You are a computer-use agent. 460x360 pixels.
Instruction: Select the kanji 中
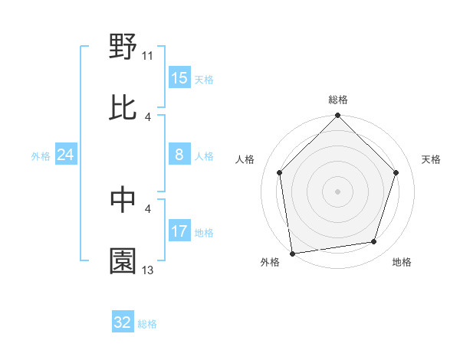[x=123, y=199]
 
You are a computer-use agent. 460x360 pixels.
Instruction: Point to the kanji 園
[x=123, y=260]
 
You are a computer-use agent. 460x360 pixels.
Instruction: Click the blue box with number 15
[x=179, y=78]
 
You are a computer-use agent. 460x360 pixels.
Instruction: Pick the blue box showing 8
[x=179, y=155]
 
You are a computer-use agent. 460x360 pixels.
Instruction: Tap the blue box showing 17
[x=179, y=231]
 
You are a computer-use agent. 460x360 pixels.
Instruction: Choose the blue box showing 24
[x=65, y=155]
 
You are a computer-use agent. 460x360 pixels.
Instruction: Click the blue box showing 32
[x=122, y=322]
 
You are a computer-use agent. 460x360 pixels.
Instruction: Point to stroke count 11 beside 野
[x=148, y=55]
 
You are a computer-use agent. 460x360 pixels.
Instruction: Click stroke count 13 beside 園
[x=148, y=270]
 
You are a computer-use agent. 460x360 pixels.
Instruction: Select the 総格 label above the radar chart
[x=338, y=100]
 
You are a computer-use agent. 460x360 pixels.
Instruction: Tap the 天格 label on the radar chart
[x=432, y=159]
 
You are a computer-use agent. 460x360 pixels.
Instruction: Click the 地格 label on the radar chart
[x=402, y=262]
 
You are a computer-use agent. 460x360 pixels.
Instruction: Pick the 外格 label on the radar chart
[x=270, y=262]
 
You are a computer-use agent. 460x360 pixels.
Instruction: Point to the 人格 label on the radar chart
[x=246, y=159]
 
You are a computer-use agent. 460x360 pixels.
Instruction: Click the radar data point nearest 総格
[x=338, y=116]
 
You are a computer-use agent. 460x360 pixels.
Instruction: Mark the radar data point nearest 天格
[x=396, y=172]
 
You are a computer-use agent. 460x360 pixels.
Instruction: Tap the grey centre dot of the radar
[x=338, y=191]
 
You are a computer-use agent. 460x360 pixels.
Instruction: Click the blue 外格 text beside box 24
[x=41, y=156]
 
